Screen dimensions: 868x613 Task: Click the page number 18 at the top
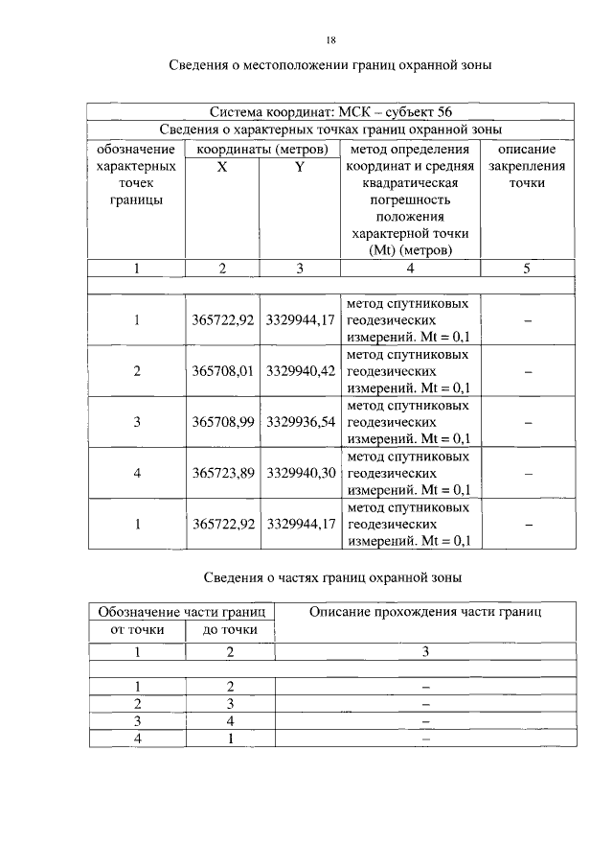(x=330, y=40)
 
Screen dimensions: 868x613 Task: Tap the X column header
(x=222, y=166)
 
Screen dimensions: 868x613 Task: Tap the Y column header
(x=300, y=166)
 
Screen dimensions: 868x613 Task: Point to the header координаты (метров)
(x=261, y=149)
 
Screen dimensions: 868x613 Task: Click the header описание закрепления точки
(x=527, y=166)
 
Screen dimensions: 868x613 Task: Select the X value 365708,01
(x=222, y=371)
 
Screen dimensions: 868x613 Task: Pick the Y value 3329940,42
(x=300, y=371)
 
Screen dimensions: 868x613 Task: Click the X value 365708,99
(x=222, y=422)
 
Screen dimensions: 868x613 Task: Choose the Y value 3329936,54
(x=300, y=422)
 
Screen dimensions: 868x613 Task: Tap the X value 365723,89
(x=222, y=473)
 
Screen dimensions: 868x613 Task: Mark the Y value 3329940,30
(x=300, y=473)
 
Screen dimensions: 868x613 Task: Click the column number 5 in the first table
(x=527, y=269)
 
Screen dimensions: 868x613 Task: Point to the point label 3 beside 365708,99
(x=137, y=422)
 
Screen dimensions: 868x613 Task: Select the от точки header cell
(x=137, y=629)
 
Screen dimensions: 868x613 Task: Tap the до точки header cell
(x=231, y=629)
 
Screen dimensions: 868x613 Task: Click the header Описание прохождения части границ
(x=427, y=612)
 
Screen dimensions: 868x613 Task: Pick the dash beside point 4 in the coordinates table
(x=527, y=473)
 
